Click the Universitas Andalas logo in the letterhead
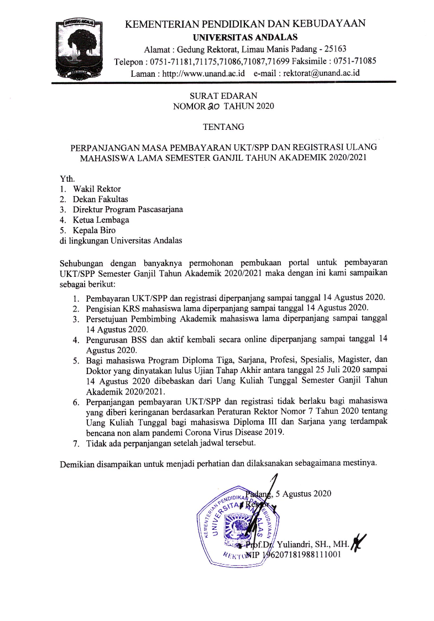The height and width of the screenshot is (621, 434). coord(80,49)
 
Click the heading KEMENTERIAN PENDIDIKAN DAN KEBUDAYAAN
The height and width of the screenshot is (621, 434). coord(245,24)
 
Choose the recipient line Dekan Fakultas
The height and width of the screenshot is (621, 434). coord(102,199)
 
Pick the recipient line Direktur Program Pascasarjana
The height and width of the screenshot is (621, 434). coord(128,209)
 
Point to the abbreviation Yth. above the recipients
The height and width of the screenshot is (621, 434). coord(66,179)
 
